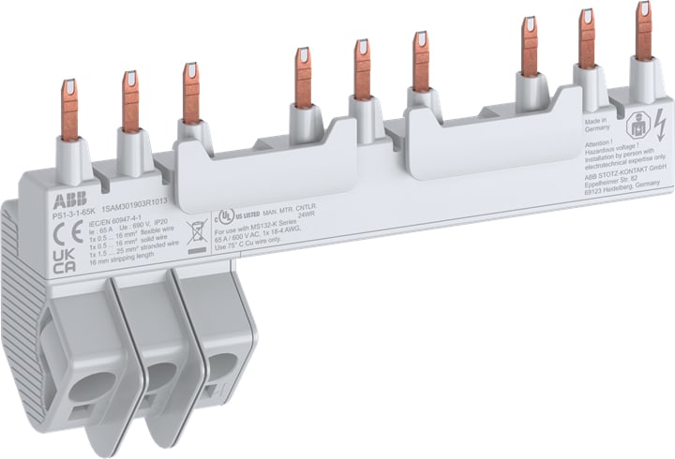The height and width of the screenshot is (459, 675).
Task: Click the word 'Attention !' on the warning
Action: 599,146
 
